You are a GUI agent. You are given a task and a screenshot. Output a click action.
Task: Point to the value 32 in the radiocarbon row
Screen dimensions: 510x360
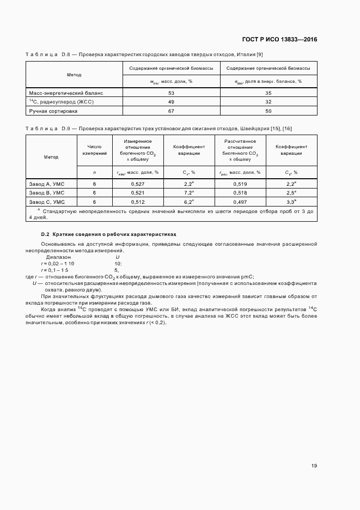click(x=269, y=102)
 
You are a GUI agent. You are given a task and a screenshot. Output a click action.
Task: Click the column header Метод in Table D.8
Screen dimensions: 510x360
click(x=74, y=74)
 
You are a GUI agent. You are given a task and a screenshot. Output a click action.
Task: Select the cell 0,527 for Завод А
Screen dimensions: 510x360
click(x=137, y=184)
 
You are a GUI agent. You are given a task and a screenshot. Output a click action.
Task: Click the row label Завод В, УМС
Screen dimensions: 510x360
click(x=47, y=193)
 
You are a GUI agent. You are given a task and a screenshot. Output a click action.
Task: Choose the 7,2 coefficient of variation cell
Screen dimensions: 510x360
click(x=188, y=193)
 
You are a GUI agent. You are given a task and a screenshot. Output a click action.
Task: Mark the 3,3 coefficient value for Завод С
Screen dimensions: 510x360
click(x=291, y=201)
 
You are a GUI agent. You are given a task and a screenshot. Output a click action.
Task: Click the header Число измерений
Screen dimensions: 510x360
click(x=94, y=150)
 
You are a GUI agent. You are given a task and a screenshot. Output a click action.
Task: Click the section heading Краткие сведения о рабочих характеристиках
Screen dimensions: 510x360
click(x=114, y=234)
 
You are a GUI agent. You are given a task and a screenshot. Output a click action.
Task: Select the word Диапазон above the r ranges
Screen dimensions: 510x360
click(x=58, y=257)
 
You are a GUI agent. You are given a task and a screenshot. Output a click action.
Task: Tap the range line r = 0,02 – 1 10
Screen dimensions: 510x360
click(x=54, y=263)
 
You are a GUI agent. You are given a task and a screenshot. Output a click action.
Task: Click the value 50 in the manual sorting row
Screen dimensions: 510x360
click(x=269, y=111)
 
